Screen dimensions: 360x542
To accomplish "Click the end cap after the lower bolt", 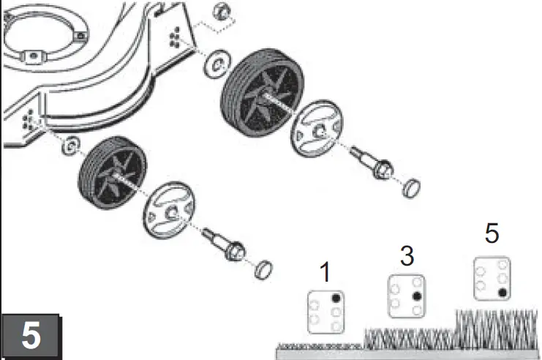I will click(x=263, y=270).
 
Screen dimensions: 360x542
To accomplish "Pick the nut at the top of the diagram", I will click(x=222, y=12).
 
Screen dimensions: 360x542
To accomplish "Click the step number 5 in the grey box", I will click(x=30, y=336).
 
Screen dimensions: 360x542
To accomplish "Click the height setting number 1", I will click(x=325, y=273).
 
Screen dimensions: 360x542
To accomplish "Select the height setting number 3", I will click(x=407, y=256).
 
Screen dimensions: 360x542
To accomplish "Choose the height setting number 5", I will click(x=492, y=234).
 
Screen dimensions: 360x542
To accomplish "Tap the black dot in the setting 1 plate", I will click(x=336, y=299).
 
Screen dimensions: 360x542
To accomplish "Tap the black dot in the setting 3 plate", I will click(x=417, y=296).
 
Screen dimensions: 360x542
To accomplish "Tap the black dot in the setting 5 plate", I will click(x=503, y=293).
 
